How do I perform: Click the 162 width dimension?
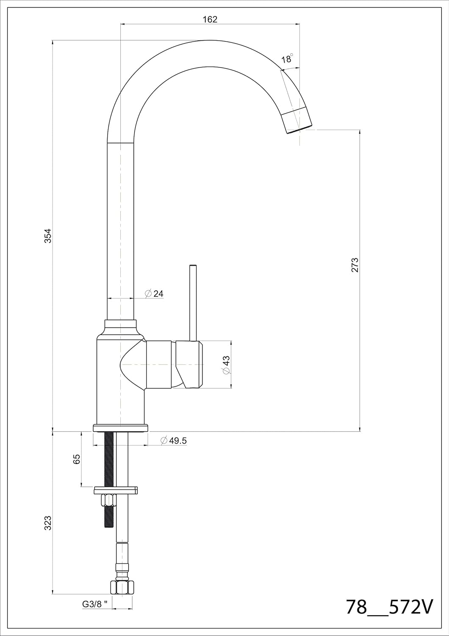[x=210, y=19]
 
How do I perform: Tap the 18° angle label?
[x=287, y=59]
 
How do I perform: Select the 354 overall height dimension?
[x=48, y=235]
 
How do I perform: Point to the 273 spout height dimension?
[x=355, y=265]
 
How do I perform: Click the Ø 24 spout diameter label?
[x=154, y=293]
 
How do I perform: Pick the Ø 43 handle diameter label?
[x=226, y=364]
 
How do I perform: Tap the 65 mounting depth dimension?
[x=77, y=459]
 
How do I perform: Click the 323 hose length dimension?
[x=48, y=523]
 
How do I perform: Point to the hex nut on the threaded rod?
[x=109, y=500]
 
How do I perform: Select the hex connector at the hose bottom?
[x=122, y=587]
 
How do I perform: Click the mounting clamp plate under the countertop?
[x=116, y=490]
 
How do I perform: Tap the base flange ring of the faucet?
[x=121, y=427]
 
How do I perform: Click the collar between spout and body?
[x=121, y=325]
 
